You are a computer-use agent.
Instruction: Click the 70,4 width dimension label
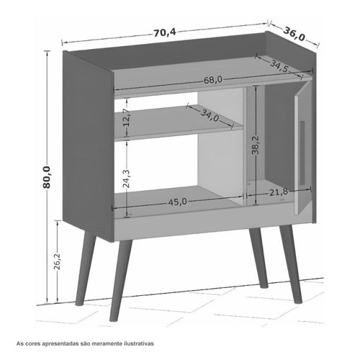(165, 32)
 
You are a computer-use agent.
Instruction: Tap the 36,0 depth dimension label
(294, 34)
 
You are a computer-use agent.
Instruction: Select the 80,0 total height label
(47, 177)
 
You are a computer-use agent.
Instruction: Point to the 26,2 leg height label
(58, 261)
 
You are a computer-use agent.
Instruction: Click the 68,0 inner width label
(213, 80)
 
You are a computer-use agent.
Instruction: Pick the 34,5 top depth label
(279, 66)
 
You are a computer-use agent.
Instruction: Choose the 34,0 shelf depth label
(210, 115)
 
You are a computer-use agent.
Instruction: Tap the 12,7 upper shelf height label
(127, 117)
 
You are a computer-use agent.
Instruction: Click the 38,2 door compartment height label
(256, 145)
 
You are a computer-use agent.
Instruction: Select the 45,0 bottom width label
(177, 202)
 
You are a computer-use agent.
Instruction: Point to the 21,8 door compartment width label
(279, 192)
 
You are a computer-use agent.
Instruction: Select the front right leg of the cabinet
(291, 264)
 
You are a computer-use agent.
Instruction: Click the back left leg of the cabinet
(86, 269)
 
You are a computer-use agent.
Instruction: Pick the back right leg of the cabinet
(258, 258)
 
